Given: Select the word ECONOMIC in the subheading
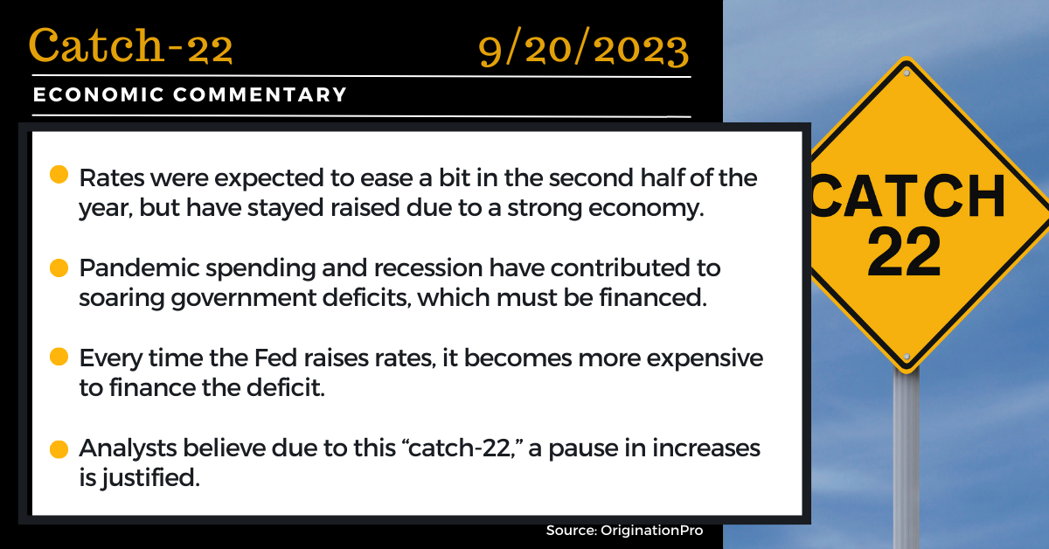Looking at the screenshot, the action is [x=98, y=94].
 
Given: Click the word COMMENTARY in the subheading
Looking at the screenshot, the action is [x=260, y=94].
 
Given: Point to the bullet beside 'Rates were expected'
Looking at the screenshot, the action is [x=59, y=174].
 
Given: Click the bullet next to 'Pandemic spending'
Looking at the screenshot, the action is [x=59, y=268].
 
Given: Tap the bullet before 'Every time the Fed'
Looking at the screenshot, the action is [x=59, y=357].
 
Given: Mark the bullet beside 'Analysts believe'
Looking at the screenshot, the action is [x=59, y=449].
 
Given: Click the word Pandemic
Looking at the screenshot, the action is [x=139, y=268].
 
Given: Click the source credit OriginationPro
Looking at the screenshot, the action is [x=652, y=531].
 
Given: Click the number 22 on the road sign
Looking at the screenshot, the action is [x=904, y=253].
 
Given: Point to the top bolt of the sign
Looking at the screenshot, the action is [x=907, y=73].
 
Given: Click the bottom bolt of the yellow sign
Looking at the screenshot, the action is [x=907, y=357].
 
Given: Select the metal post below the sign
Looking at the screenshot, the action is [x=907, y=459].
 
